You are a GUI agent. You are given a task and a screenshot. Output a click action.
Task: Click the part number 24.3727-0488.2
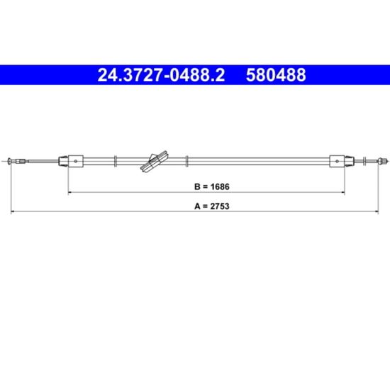click(x=161, y=75)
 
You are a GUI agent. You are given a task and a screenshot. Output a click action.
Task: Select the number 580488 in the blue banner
click(x=276, y=75)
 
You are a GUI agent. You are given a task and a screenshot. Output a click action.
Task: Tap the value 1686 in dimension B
click(x=220, y=186)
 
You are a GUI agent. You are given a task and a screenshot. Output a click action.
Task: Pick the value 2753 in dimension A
click(x=220, y=206)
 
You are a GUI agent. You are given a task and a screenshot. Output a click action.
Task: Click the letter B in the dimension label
click(x=197, y=186)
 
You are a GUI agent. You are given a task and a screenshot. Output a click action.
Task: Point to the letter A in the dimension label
click(x=198, y=206)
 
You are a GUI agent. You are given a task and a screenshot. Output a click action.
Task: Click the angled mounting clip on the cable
click(x=154, y=161)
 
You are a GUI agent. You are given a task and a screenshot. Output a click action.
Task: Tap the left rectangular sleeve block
click(x=76, y=161)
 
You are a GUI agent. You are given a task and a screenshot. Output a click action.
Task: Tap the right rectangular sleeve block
click(x=337, y=161)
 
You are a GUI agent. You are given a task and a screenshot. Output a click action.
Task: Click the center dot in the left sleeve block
click(x=76, y=161)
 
